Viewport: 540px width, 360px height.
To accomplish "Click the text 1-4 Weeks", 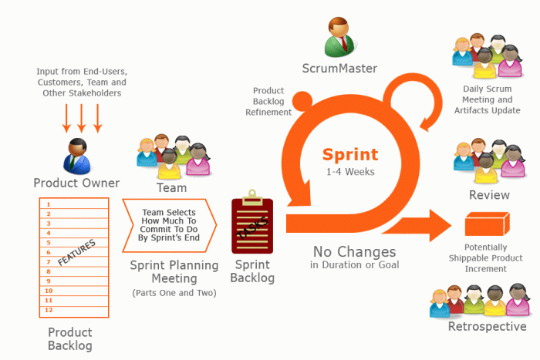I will click(349, 171).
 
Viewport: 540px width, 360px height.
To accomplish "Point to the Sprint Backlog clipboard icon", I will click(249, 225).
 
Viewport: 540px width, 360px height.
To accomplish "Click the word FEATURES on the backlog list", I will click(77, 252).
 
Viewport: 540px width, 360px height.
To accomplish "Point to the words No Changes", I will click(355, 251).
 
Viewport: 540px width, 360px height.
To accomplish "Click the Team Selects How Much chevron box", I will click(170, 226).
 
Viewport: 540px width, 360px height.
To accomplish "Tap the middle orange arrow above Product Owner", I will click(81, 116).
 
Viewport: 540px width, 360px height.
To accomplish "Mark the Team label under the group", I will click(171, 187).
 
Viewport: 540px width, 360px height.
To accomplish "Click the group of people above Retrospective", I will click(483, 301).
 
